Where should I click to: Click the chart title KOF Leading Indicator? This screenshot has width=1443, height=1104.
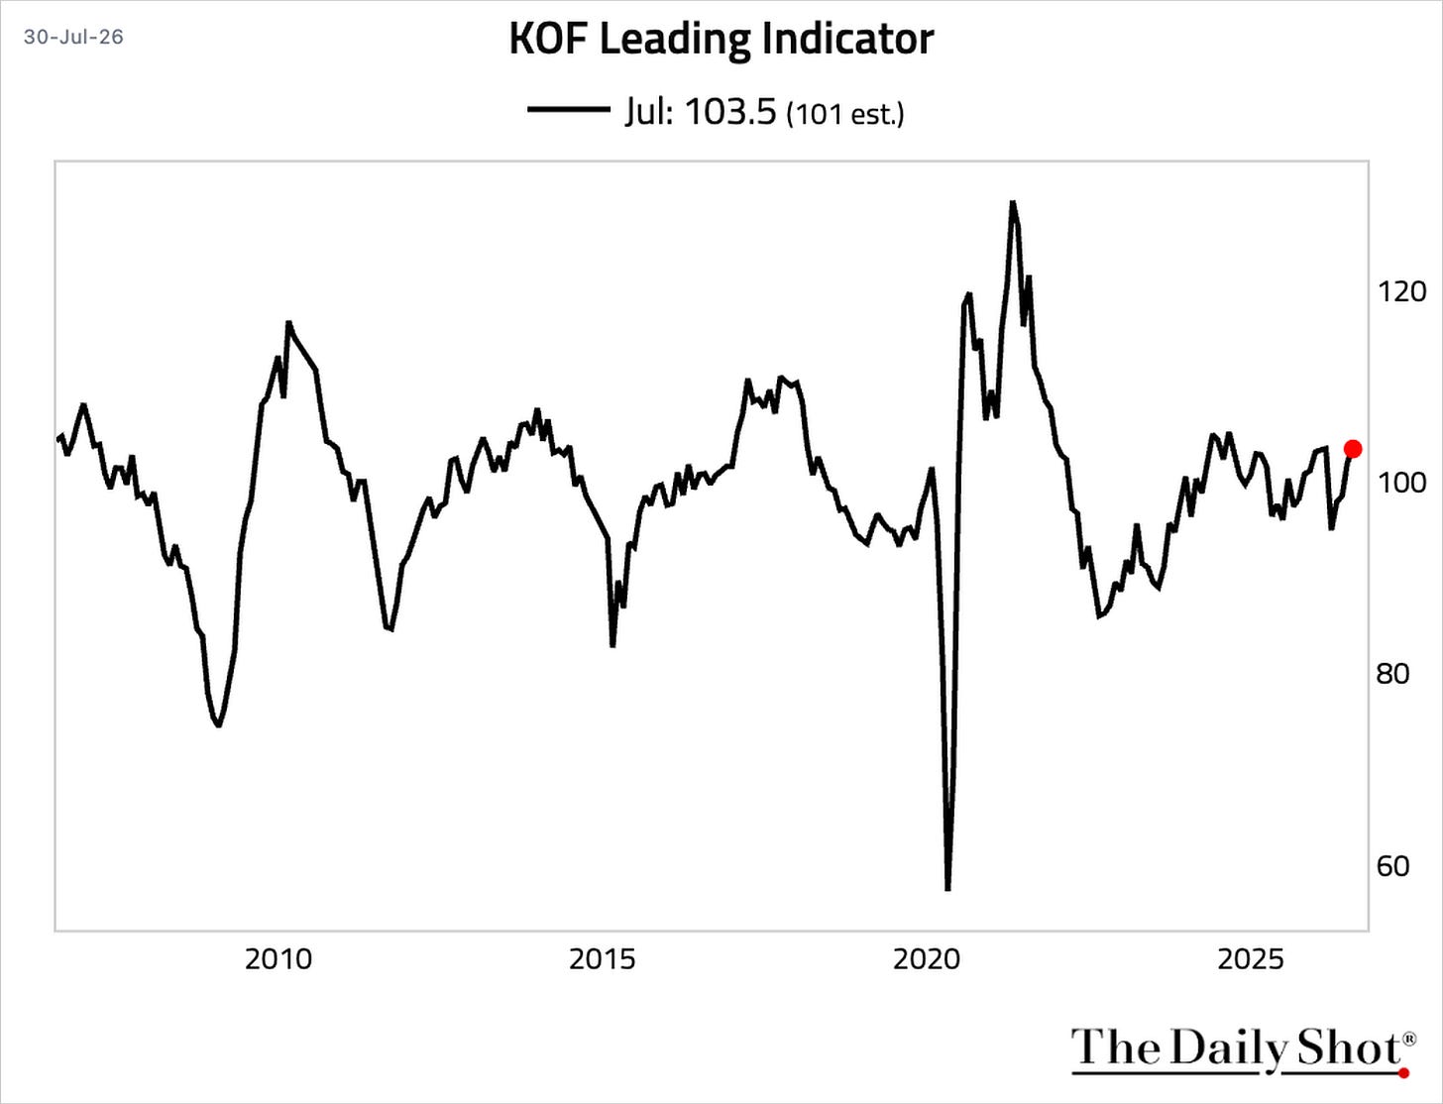coord(721,40)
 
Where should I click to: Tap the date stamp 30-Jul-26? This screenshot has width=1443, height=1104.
coord(73,36)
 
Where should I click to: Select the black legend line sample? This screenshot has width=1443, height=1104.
coord(569,110)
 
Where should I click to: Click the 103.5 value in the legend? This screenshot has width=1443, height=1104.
coord(730,111)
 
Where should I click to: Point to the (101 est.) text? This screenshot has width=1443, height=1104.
coord(845,114)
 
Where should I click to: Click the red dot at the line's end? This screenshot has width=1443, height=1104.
coord(1353,449)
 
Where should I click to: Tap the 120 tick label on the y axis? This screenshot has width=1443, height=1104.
coord(1401,291)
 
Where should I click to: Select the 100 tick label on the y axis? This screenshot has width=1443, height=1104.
coord(1401,483)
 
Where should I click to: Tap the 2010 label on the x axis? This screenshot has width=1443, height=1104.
coord(278,959)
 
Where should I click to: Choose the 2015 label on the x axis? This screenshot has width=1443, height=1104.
coord(603,959)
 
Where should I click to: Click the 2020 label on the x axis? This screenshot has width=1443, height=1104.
coord(927,959)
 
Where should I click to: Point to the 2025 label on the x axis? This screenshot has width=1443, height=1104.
coord(1251,959)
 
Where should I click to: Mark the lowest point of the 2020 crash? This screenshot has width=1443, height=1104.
coord(948,889)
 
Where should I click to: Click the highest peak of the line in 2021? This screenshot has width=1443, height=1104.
coord(1013,202)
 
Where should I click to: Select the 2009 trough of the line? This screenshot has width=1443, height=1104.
coord(218,725)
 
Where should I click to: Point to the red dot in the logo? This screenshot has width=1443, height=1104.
coord(1403,1073)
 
